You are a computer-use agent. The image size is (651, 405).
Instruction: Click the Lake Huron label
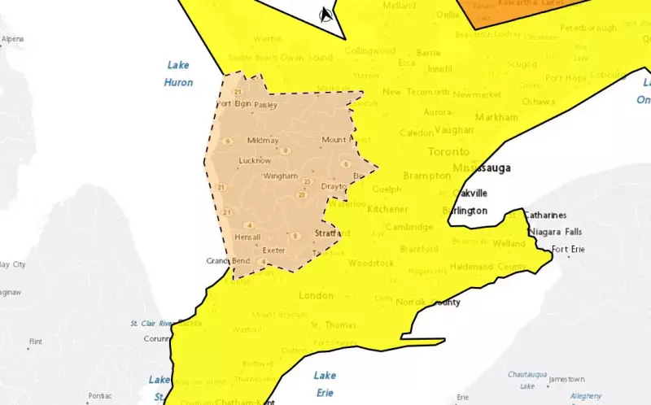[179, 73]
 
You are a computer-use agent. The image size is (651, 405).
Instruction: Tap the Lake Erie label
[325, 384]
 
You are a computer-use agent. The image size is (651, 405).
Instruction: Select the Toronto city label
[448, 152]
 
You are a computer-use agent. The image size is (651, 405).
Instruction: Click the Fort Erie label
[568, 249]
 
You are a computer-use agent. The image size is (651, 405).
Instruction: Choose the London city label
[316, 295]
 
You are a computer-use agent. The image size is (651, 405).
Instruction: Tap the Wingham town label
[280, 176]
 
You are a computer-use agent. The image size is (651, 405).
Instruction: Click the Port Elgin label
[235, 104]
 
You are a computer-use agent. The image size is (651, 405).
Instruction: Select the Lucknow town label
[255, 160]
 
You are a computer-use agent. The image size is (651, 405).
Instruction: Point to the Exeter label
[273, 250]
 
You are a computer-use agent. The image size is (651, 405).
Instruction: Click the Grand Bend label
[228, 261]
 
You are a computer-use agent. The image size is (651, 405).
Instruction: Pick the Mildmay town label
[263, 140]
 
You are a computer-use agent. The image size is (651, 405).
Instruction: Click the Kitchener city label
[387, 209]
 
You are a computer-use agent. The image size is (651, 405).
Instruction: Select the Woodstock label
[370, 263]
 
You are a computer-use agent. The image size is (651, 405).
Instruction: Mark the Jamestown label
[566, 379]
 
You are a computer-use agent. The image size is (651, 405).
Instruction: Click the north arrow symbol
[325, 14]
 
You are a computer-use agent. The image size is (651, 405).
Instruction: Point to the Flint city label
[35, 342]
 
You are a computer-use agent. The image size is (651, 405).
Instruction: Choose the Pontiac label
[101, 395]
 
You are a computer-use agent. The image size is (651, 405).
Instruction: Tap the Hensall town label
[247, 237]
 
